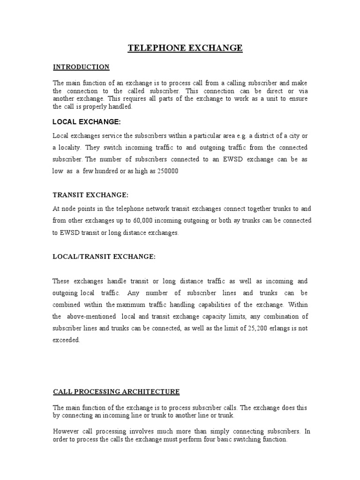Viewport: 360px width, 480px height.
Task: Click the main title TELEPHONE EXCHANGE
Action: click(186, 48)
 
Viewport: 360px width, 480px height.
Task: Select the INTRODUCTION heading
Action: click(81, 67)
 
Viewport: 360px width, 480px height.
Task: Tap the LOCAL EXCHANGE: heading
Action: click(87, 122)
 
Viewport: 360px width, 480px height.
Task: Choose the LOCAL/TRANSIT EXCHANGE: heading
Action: click(104, 256)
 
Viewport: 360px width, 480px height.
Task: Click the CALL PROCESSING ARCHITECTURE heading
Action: click(116, 391)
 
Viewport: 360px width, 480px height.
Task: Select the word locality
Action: click(70, 147)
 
